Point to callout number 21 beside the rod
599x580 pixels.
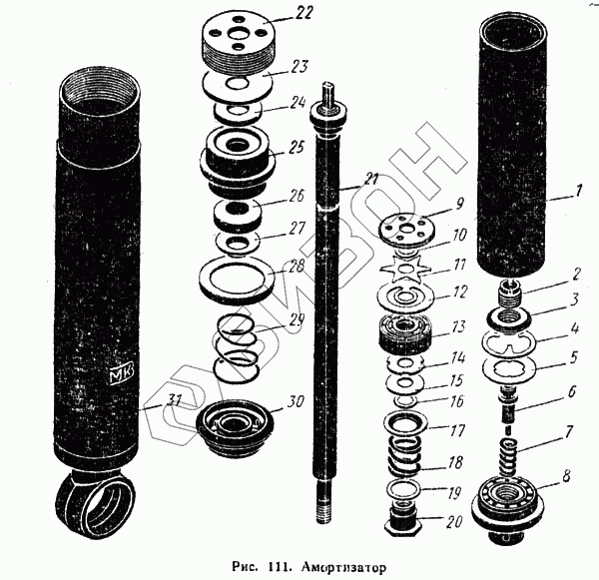[369, 180]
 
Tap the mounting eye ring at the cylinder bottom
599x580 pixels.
[98, 503]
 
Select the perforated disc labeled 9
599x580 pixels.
[404, 228]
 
